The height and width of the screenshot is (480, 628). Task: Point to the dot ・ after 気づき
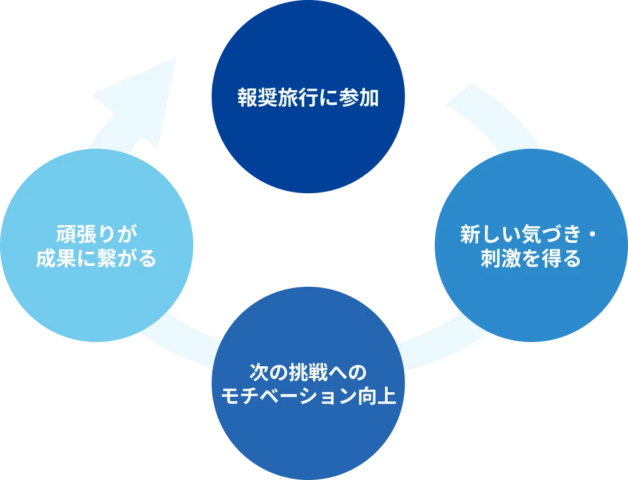pyautogui.click(x=590, y=235)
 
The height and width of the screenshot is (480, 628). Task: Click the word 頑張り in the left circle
pyautogui.click(x=77, y=234)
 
